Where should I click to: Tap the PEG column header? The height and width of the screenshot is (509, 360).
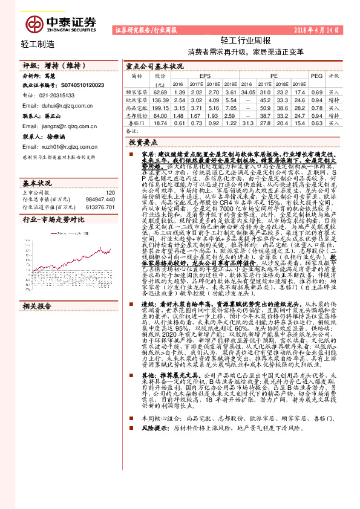(x=316, y=77)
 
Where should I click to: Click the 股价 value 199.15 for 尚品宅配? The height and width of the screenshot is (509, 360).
(x=160, y=106)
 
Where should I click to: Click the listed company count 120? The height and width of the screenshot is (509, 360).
(x=110, y=193)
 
